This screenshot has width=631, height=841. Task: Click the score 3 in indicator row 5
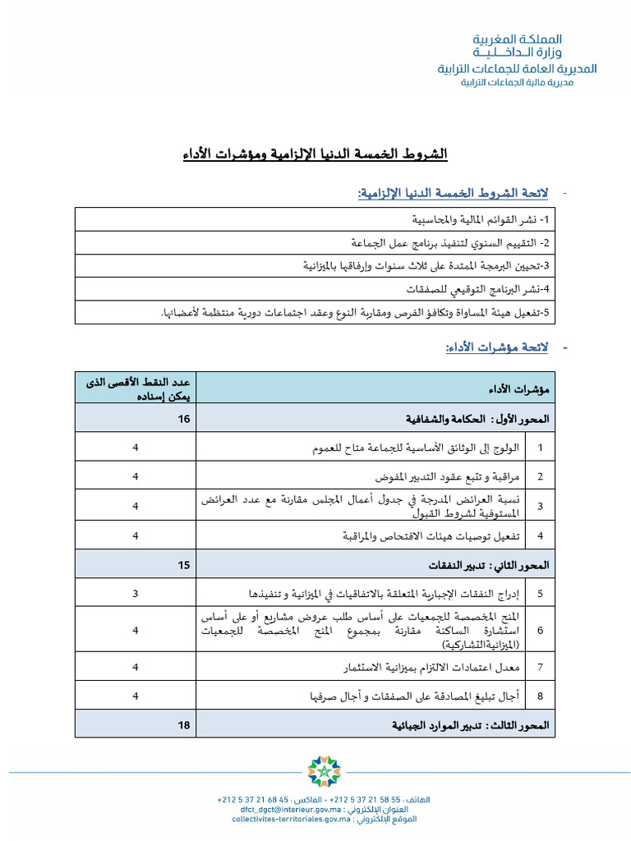pos(136,594)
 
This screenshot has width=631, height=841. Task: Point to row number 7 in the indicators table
pos(540,667)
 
